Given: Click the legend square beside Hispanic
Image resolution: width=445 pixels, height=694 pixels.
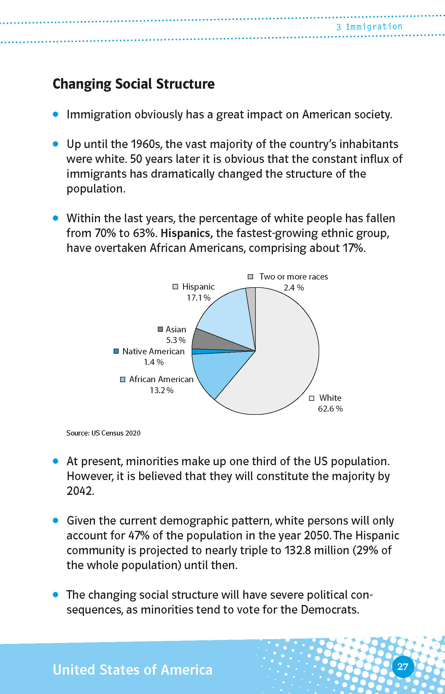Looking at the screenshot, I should (x=175, y=287).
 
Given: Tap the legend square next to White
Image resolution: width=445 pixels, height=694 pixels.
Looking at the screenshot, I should (x=311, y=398).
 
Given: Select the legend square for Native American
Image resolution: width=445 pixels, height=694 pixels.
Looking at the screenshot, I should (x=116, y=351).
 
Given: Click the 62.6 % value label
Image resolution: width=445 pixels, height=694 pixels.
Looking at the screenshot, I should (x=330, y=409).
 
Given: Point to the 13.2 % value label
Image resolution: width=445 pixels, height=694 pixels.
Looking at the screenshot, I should (x=161, y=390).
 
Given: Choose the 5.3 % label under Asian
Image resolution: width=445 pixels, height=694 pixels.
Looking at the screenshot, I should (x=176, y=340).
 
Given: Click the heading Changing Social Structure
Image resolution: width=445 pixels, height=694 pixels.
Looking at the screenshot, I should (x=133, y=84).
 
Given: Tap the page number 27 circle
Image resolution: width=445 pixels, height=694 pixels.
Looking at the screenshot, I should (x=403, y=667).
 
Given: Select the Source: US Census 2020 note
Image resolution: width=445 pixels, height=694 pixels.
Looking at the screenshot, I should (x=103, y=433).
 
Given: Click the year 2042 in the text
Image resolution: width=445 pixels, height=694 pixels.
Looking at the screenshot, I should (x=80, y=491).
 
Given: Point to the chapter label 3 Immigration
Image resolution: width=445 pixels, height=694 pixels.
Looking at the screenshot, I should (x=369, y=27).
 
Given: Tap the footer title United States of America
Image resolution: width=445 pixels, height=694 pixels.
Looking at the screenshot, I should (x=133, y=670).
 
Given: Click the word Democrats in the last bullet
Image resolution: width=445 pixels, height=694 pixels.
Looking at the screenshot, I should (x=330, y=610).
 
